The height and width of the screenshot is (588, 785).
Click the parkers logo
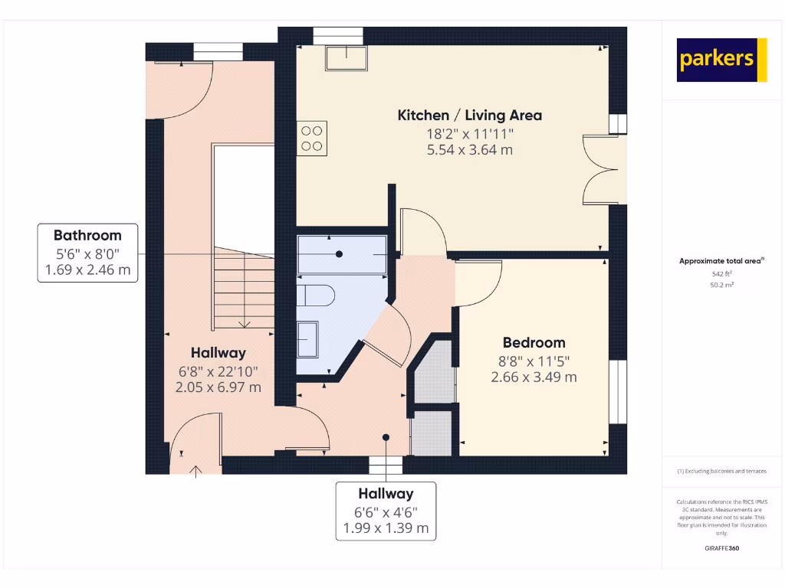[x=721, y=60]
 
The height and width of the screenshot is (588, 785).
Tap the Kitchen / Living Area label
[x=469, y=116]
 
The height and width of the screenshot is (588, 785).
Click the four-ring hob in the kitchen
[x=312, y=138]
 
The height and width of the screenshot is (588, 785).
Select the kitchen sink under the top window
[x=346, y=57]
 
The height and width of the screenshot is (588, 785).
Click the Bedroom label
[x=534, y=343]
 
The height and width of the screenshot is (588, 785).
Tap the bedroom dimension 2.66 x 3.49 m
[x=534, y=377]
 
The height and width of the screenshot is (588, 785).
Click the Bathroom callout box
[x=87, y=253]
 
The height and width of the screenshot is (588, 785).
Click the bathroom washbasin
[x=309, y=338]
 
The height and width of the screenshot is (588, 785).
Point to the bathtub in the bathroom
[x=342, y=254]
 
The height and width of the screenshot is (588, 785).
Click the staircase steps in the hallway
[x=243, y=287]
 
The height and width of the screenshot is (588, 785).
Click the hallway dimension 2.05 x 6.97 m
[x=218, y=387]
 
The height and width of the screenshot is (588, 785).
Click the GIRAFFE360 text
[x=721, y=548]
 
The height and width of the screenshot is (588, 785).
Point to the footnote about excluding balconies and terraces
[x=721, y=471]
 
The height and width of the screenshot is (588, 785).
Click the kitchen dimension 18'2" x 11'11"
[x=469, y=134]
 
